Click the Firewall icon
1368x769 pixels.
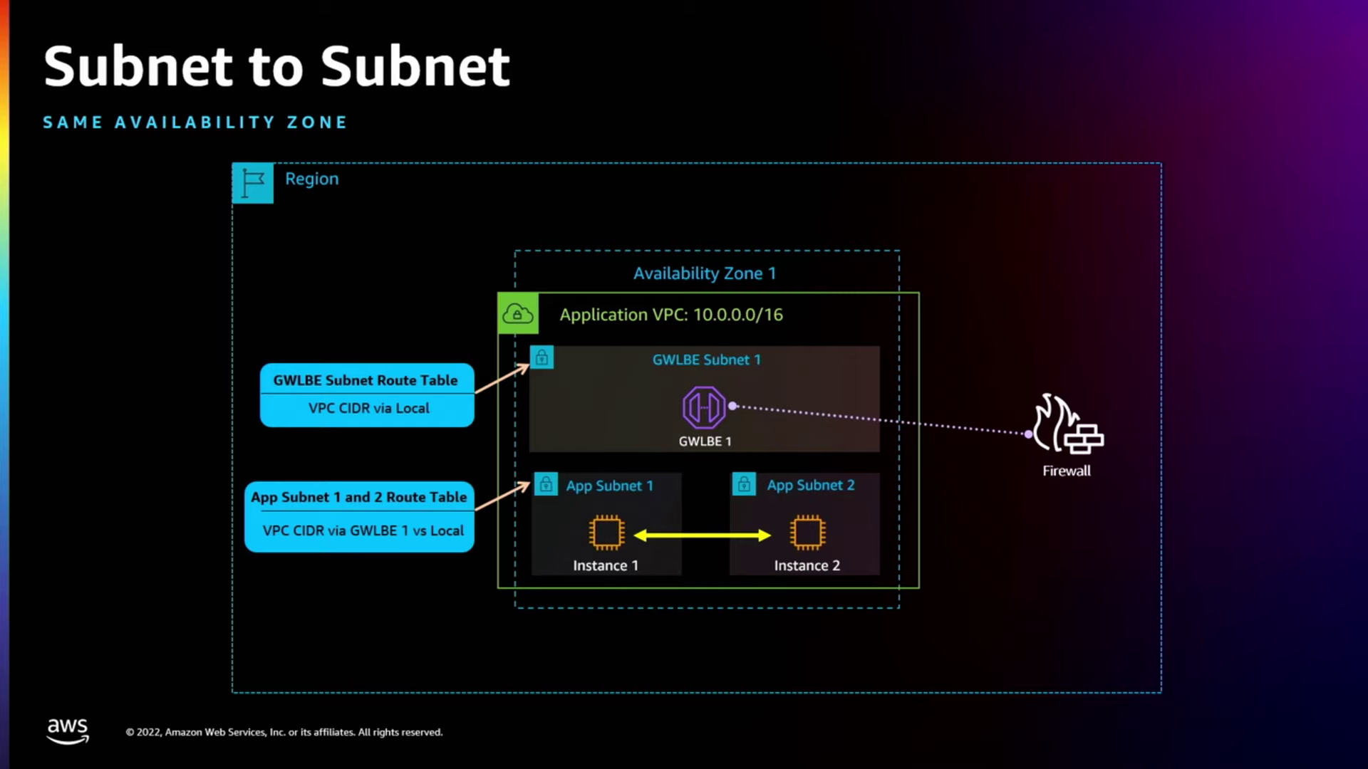tap(1067, 425)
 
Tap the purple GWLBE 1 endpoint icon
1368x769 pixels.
tap(704, 407)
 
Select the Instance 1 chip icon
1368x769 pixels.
tap(606, 533)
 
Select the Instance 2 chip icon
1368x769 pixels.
tap(807, 533)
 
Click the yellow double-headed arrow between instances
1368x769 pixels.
tap(702, 535)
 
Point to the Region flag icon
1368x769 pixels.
tap(253, 183)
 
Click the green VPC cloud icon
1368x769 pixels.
tap(518, 313)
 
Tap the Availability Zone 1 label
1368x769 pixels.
tap(704, 273)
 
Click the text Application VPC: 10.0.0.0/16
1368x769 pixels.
tap(670, 315)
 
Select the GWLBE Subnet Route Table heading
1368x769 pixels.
tap(366, 380)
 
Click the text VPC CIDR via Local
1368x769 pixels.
tap(368, 408)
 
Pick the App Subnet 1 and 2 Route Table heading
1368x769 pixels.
tap(358, 497)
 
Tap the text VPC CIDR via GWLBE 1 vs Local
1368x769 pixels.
tap(363, 530)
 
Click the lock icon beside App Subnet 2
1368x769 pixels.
tap(744, 485)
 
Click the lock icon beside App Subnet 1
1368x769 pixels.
tap(546, 485)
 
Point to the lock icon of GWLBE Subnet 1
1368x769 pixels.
tap(541, 357)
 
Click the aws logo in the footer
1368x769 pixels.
tap(68, 731)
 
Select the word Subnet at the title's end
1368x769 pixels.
tap(415, 67)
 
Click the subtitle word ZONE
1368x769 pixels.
tap(316, 122)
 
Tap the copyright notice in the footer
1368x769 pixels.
tap(284, 732)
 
